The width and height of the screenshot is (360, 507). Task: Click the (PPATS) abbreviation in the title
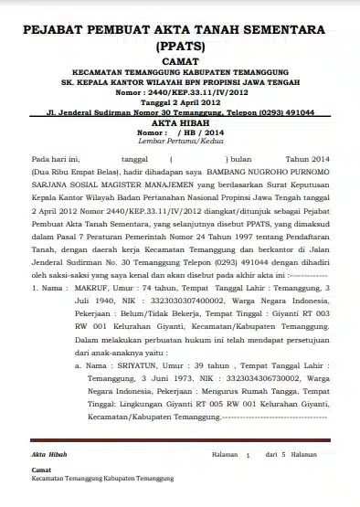[180, 44]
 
